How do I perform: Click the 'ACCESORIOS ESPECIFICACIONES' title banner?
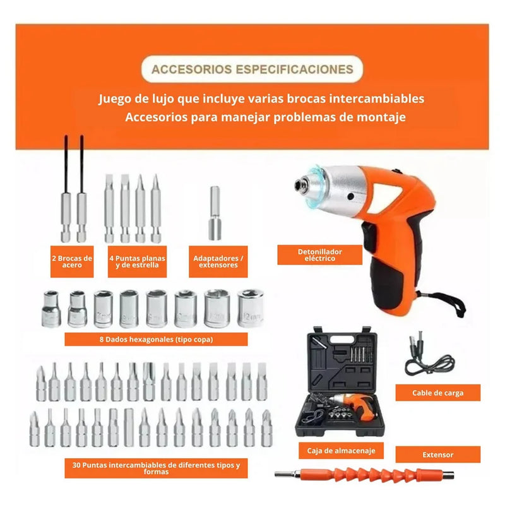(x=252, y=69)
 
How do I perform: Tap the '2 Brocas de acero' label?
(x=72, y=261)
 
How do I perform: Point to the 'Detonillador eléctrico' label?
(x=320, y=255)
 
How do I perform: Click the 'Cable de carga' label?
(x=438, y=392)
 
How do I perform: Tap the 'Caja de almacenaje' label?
(x=337, y=451)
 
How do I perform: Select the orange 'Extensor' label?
(x=438, y=454)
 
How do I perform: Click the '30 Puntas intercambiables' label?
(x=155, y=468)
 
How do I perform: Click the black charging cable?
(x=429, y=357)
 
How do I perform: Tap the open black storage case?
(x=345, y=385)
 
